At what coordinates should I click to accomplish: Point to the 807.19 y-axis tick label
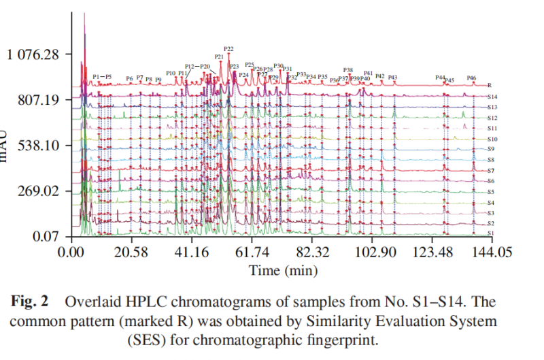pos(39,100)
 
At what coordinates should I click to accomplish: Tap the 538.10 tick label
pos(39,146)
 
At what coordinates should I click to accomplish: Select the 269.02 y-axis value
pos(39,191)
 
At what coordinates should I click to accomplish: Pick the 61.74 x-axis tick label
pos(252,252)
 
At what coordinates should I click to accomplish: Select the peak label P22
pos(228,49)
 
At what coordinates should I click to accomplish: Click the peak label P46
pos(472,78)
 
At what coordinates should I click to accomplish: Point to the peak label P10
pos(171,73)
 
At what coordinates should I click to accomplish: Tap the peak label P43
pos(392,78)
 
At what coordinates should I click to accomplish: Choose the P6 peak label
pos(129,79)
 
